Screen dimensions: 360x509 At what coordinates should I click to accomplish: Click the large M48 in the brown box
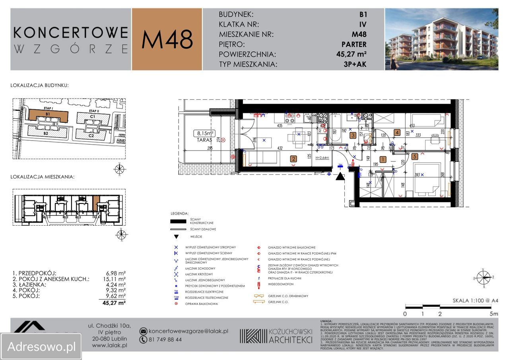167,40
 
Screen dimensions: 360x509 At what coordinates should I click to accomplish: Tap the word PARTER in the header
354,45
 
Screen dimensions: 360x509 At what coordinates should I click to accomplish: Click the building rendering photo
441,39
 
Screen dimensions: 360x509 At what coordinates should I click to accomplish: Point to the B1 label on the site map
48,114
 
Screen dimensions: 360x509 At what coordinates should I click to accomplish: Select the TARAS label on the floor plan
204,140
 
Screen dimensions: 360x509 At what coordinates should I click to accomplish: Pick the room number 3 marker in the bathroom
353,135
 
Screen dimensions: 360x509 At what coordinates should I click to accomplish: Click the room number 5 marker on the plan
414,157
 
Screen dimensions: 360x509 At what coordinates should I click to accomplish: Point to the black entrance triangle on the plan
340,176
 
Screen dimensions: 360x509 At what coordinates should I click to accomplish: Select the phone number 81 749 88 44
165,340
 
